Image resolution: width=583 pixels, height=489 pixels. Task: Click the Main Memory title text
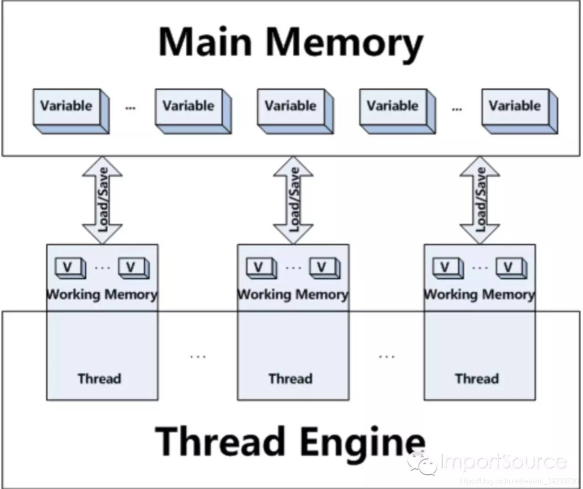click(291, 42)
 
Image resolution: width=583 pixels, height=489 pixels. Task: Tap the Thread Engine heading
click(290, 441)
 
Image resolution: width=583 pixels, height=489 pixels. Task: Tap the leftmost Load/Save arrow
click(102, 200)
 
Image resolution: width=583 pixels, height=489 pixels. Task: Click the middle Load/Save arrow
click(293, 200)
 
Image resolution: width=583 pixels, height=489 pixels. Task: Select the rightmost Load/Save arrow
click(480, 200)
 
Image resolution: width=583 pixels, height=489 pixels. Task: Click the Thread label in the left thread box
click(99, 379)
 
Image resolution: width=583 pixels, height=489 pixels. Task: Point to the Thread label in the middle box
click(291, 379)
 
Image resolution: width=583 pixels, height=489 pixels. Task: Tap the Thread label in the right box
click(477, 379)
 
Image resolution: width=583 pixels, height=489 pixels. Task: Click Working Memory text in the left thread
click(102, 294)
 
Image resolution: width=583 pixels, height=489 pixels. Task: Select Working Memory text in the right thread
click(479, 294)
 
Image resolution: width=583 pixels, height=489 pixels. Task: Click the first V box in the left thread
click(68, 268)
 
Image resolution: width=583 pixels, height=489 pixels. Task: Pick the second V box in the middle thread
click(322, 268)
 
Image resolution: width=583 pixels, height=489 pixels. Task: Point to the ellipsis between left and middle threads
click(198, 357)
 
